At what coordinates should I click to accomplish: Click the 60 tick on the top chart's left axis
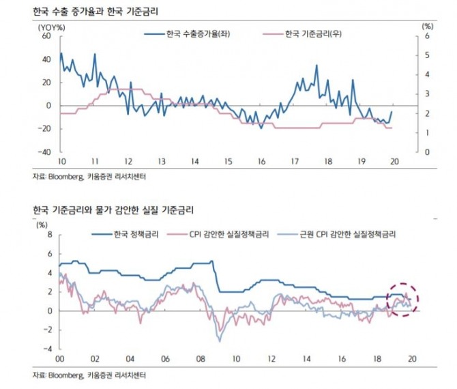pos(46,36)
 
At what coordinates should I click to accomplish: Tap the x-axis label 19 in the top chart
pos(361,161)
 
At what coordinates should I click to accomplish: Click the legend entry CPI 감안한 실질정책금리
pos(232,234)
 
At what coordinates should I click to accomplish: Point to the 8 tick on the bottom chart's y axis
pos(48,235)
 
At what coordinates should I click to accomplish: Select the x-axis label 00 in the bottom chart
pos(59,358)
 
